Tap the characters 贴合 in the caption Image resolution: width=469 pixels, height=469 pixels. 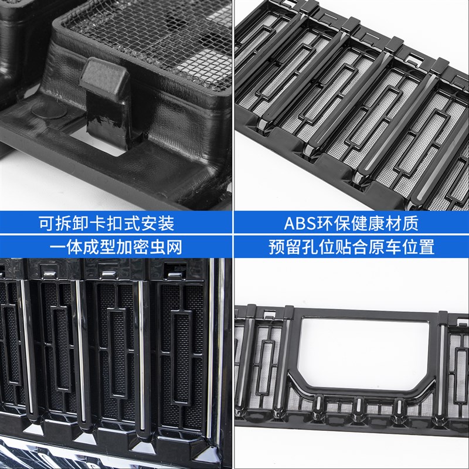point(359,247)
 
